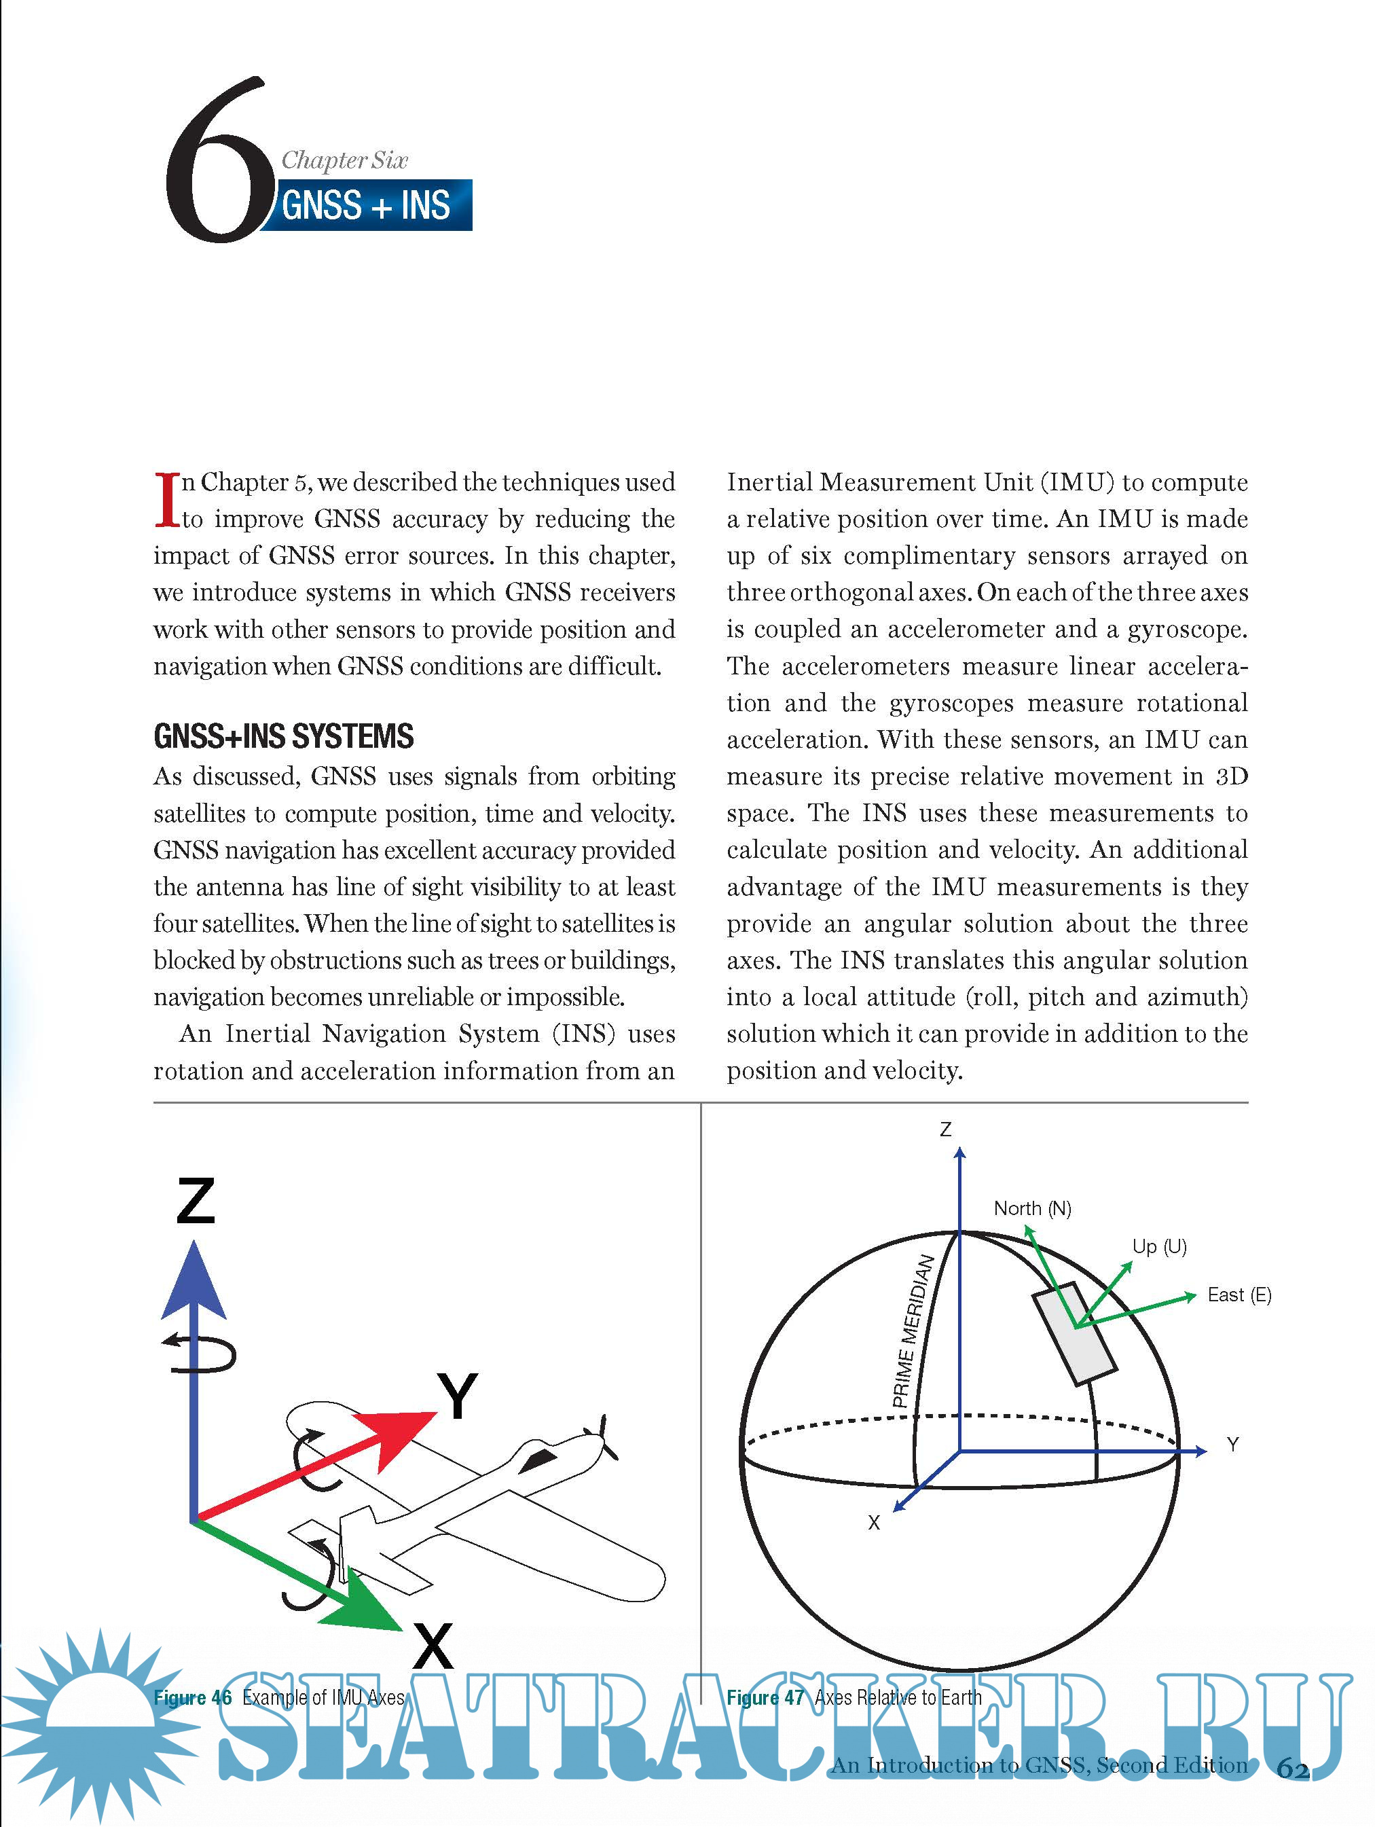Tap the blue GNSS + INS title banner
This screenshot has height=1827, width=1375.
(x=367, y=205)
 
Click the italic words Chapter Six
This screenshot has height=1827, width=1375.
(x=344, y=160)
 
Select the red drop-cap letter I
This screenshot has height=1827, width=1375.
(x=167, y=500)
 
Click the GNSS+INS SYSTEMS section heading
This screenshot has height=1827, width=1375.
(x=283, y=736)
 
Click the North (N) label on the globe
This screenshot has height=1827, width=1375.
(x=1032, y=1208)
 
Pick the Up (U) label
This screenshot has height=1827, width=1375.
(x=1158, y=1246)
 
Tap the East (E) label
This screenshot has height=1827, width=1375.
(x=1239, y=1295)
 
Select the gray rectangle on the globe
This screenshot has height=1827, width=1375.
(x=1074, y=1333)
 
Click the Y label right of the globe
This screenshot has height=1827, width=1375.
(x=1232, y=1445)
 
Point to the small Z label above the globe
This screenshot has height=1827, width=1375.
(x=946, y=1129)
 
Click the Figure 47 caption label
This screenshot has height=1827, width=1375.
(x=765, y=1697)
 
